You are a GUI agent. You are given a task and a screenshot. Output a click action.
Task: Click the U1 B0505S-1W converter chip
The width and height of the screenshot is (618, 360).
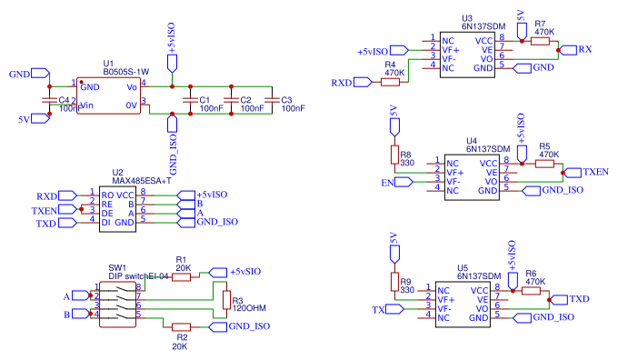pyautogui.click(x=109, y=95)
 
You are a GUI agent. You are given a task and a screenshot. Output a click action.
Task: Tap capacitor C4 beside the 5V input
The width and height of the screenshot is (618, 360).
pyautogui.click(x=49, y=100)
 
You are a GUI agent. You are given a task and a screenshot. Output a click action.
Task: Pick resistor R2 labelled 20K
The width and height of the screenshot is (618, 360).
pyautogui.click(x=181, y=326)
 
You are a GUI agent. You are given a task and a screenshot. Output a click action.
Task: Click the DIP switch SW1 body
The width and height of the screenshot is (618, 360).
pyautogui.click(x=115, y=301)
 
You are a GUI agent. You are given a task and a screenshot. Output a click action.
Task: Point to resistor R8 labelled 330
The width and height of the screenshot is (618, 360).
pyautogui.click(x=394, y=153)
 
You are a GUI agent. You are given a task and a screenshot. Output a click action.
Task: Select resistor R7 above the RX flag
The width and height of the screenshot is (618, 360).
pyautogui.click(x=543, y=38)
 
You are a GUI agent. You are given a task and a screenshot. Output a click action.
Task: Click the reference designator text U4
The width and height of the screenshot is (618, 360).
pyautogui.click(x=471, y=141)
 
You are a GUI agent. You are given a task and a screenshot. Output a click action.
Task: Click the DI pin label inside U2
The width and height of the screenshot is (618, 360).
pyautogui.click(x=106, y=222)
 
